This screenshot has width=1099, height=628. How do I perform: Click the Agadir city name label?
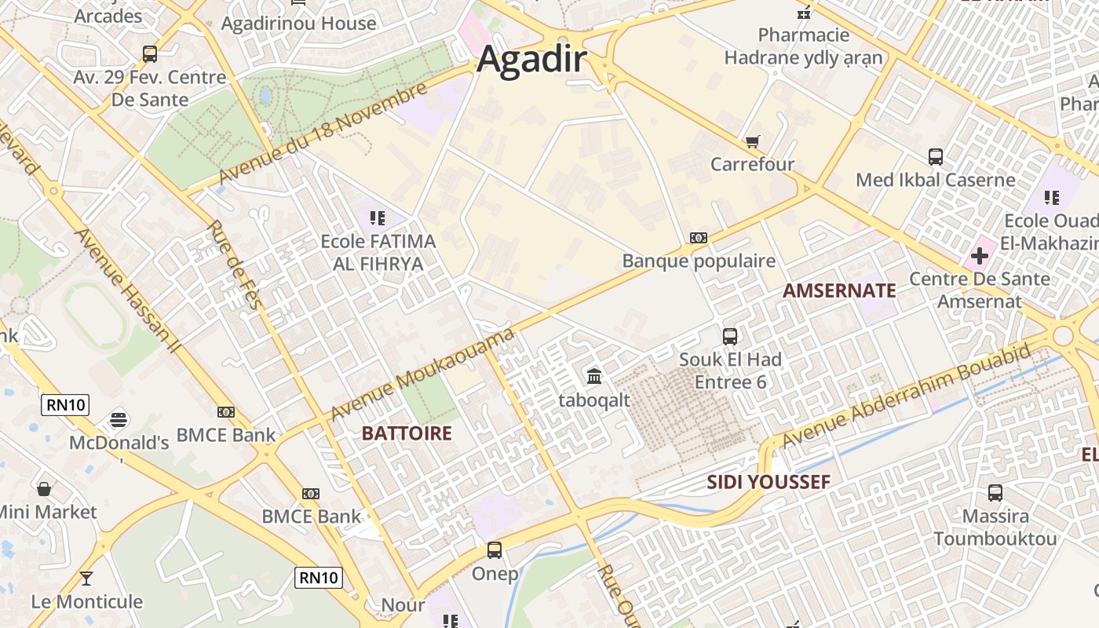532,60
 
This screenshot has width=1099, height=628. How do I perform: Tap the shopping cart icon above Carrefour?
752,142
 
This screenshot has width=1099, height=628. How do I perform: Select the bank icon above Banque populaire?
698,238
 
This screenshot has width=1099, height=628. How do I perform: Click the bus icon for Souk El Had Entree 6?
730,337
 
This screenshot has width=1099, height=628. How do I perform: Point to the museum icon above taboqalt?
594,377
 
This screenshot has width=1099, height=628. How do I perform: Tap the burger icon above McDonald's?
119,419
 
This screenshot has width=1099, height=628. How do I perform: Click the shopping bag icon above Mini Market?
45,489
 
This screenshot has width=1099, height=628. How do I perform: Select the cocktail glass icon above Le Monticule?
86,579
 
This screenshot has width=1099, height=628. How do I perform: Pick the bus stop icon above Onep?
495,550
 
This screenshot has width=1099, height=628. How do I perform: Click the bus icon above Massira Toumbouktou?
995,493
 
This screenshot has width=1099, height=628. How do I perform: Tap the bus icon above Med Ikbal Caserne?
935,156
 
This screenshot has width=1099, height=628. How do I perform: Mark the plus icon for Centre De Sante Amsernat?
979,256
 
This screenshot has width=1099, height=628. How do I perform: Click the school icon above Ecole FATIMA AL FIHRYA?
378,217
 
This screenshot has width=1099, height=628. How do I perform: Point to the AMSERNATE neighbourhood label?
839,291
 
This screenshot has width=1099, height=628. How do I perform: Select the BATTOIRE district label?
407,433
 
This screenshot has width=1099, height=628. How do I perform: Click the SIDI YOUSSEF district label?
768,482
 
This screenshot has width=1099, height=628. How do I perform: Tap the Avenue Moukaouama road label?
422,374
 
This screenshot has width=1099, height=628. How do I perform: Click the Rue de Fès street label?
233,264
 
